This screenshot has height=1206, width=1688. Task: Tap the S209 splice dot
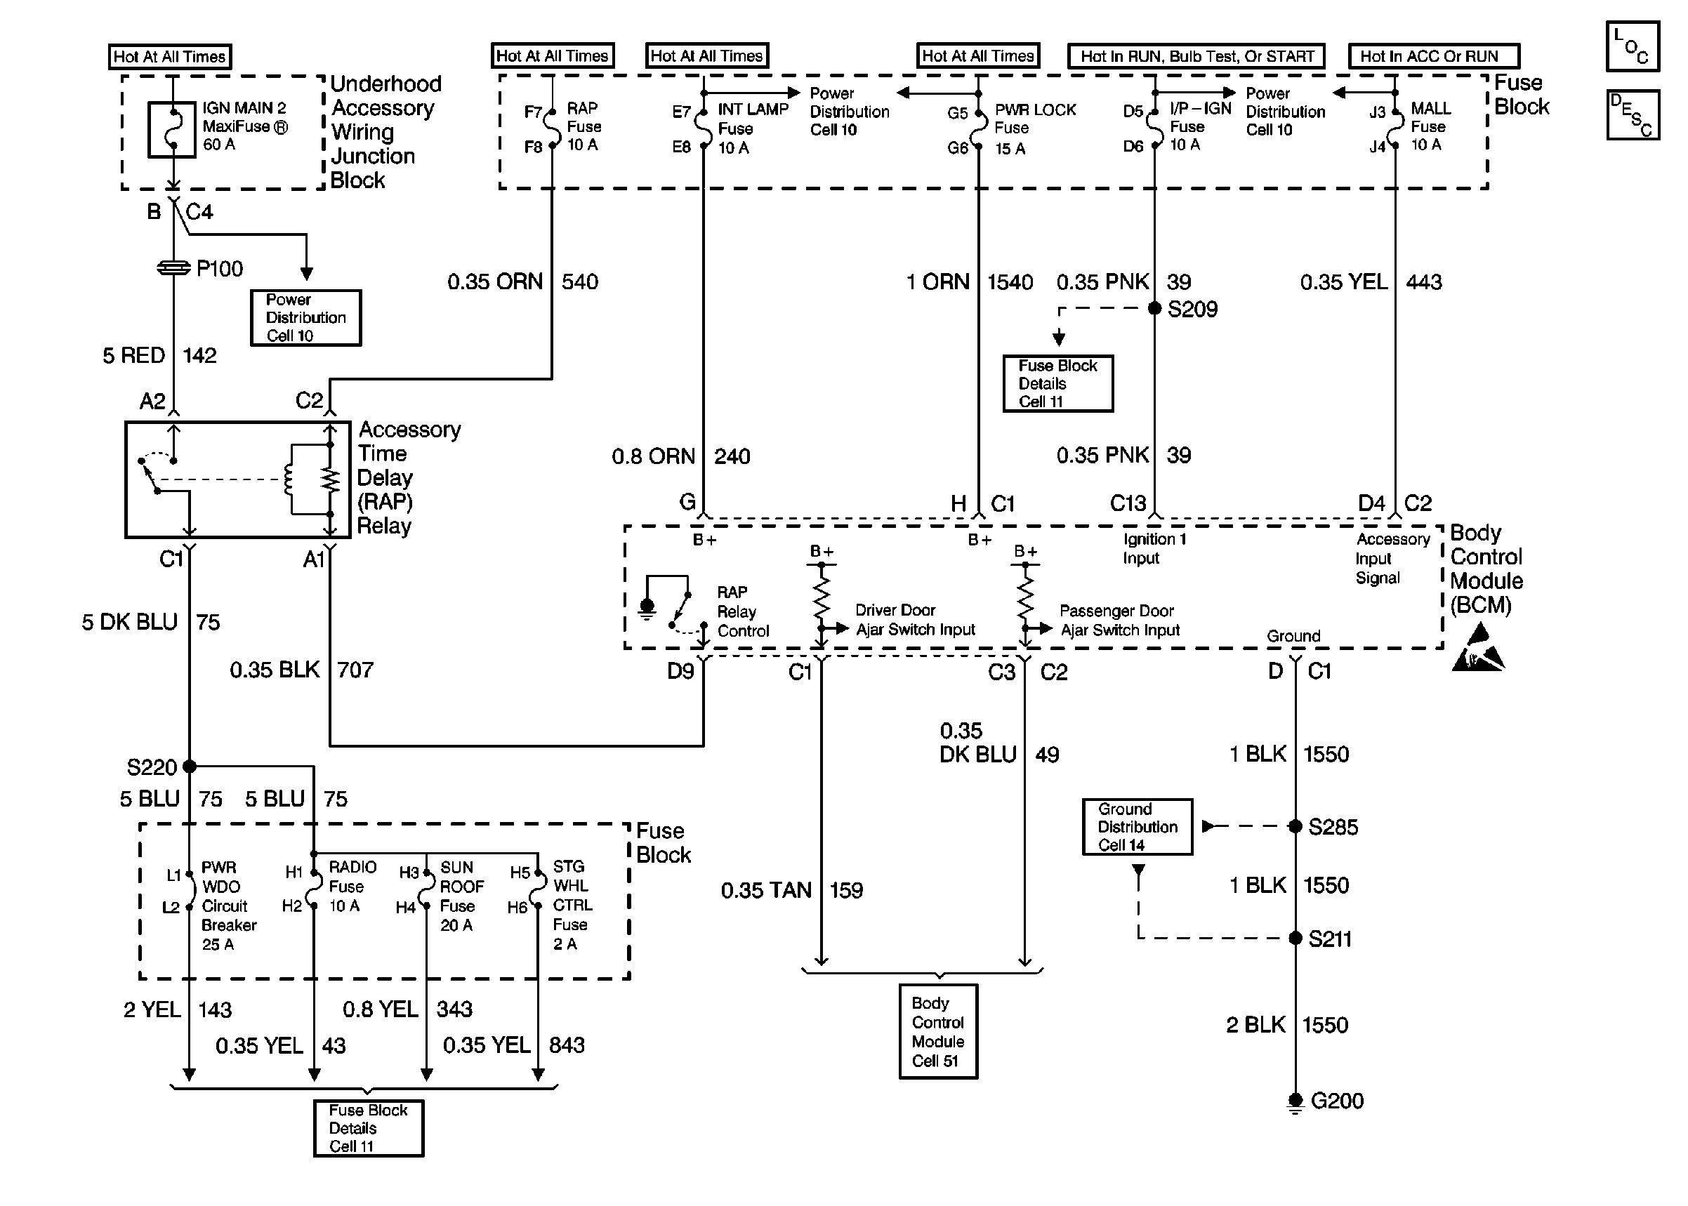pos(1155,308)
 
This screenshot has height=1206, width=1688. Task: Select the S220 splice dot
pos(190,766)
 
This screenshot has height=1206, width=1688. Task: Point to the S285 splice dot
pos(1295,826)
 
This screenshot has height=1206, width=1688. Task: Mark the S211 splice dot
pos(1295,938)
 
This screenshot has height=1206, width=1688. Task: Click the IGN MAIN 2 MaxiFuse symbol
pos(172,129)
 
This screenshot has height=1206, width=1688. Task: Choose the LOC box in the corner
pos(1633,46)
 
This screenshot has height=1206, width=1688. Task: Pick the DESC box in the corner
pos(1633,114)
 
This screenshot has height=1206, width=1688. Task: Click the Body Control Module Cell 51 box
pos(938,1031)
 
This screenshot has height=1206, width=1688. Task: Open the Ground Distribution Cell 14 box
pos(1137,826)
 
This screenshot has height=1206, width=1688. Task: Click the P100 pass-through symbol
pos(173,268)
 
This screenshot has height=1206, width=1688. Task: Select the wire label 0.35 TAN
pos(765,889)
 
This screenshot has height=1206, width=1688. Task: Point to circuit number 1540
pos(1010,282)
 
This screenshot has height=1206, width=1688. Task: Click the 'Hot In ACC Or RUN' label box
pos(1433,56)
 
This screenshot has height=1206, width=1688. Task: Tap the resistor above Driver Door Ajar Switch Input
pos(822,598)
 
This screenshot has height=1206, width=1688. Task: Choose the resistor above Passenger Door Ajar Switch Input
pos(1025,598)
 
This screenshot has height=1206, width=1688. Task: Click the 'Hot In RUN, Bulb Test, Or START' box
pos(1196,56)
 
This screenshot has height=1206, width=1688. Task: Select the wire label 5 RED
pos(133,356)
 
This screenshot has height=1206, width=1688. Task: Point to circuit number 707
pos(355,670)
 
